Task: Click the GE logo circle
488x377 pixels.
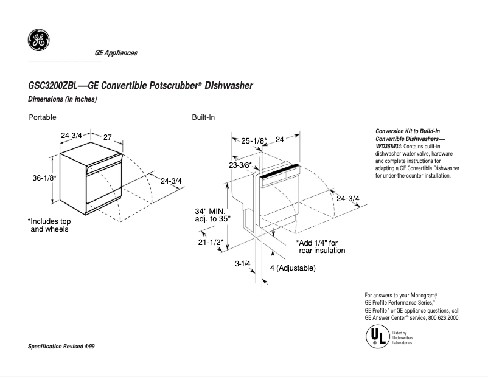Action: click(38, 41)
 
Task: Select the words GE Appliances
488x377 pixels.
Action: click(116, 53)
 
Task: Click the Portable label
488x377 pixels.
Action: click(43, 117)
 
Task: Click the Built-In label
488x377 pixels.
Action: click(203, 117)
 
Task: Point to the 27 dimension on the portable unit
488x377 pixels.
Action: click(107, 137)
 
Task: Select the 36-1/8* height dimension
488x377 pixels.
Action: click(44, 178)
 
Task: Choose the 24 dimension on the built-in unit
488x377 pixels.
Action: click(280, 140)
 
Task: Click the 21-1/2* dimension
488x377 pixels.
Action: click(211, 242)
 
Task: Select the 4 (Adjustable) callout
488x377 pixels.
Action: click(292, 268)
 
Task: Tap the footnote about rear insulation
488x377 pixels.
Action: click(321, 246)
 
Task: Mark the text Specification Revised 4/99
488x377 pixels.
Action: click(61, 346)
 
